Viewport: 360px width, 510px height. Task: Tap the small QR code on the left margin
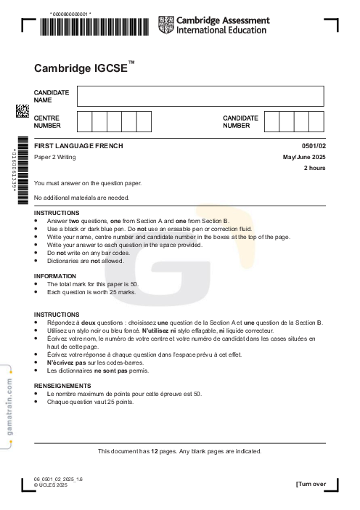(x=22, y=110)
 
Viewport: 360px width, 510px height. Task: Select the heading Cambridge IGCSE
(x=81, y=68)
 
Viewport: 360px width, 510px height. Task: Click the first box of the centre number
(x=84, y=121)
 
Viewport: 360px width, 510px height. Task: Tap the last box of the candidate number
(x=317, y=121)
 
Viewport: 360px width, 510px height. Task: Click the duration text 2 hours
(x=314, y=168)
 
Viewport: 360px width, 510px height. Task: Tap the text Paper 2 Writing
(x=54, y=157)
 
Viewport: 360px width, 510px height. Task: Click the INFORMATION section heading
(x=54, y=276)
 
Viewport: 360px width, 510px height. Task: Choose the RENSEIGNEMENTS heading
(x=62, y=385)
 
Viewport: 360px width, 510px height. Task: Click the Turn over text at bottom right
(x=311, y=484)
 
